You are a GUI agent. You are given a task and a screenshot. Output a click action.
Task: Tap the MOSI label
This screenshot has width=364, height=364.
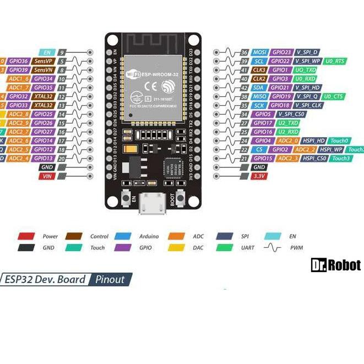pos(260,52)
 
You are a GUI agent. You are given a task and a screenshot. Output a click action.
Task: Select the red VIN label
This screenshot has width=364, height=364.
pos(46,176)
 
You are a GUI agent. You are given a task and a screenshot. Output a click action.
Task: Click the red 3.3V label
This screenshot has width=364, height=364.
pos(259,176)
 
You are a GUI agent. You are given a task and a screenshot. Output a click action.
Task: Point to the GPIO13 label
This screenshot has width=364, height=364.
pos(44,158)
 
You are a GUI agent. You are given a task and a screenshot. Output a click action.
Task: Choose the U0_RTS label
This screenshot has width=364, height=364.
pos(335,61)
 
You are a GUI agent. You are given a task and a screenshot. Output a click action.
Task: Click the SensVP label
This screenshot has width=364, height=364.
pos(43,61)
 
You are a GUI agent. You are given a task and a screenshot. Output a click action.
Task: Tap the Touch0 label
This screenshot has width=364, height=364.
pos(340,140)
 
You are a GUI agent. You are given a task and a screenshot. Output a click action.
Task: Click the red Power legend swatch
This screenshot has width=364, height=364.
pos(26,236)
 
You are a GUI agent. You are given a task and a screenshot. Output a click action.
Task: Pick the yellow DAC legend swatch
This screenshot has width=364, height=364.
pos(176,248)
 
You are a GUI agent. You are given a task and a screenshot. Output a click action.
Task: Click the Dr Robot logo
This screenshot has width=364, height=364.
pos(335,265)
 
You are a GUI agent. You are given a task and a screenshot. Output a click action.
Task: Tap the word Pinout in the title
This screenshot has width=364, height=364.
pos(110,279)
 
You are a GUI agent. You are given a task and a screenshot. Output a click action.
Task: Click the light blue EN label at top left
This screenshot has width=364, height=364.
pos(46,52)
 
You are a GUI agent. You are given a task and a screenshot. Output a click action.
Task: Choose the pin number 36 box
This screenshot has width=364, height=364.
pos(244,52)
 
